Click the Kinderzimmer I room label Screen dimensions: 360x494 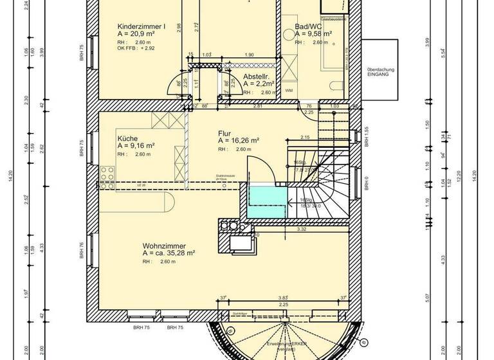pos(142,26)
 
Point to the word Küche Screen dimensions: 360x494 pos(127,138)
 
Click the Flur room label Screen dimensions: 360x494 pos(224,133)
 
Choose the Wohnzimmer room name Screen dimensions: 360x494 pos(164,246)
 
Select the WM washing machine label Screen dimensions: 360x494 pos(289,90)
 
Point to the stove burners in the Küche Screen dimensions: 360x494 pos(107,172)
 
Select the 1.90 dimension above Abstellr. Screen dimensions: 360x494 pos(250,55)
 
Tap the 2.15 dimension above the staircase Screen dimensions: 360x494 pos(305,137)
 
